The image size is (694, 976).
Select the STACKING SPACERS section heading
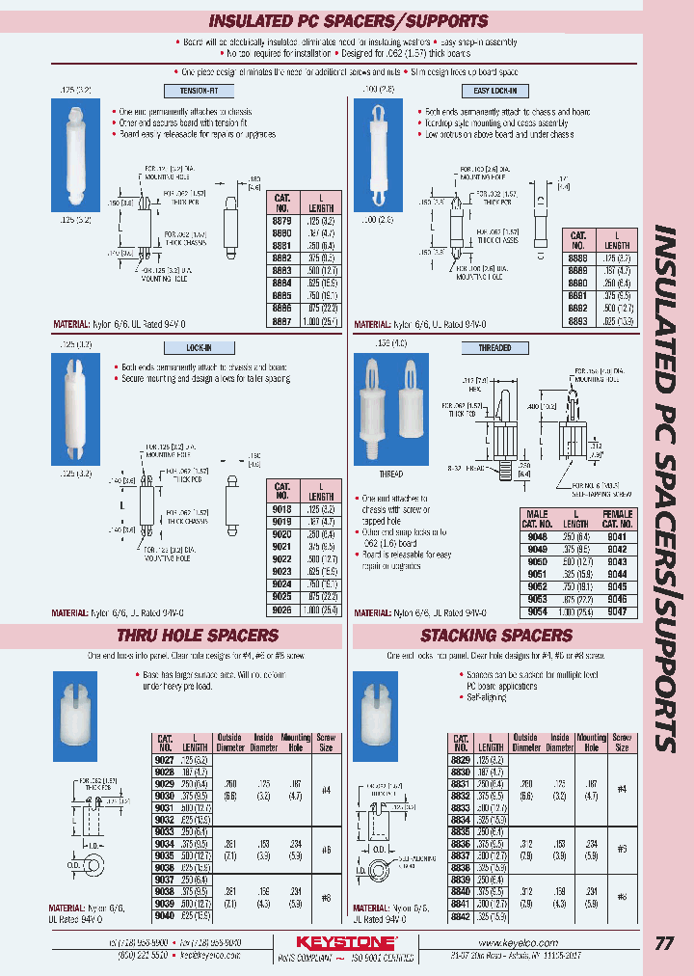coord(496,636)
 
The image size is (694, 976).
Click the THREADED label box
coord(494,347)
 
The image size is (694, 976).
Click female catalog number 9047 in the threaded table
coord(618,612)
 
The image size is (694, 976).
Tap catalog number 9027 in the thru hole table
coord(166,760)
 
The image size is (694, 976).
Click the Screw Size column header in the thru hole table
coord(326,743)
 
